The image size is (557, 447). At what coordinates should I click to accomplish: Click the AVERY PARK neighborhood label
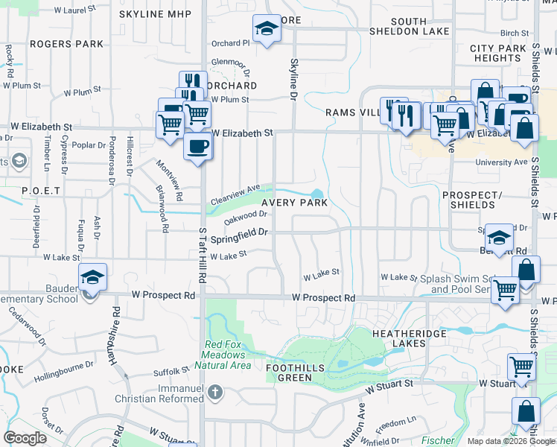click(294, 203)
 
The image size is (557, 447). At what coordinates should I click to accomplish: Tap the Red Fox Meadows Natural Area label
click(228, 355)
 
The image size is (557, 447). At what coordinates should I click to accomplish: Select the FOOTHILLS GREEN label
click(290, 372)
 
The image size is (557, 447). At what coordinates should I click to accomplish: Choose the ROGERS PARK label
click(67, 44)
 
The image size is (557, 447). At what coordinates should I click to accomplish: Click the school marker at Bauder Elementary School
click(93, 278)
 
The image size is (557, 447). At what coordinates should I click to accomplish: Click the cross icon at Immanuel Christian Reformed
click(214, 391)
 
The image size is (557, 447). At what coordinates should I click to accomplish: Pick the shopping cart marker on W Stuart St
click(521, 367)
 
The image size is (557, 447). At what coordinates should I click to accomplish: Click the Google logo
click(25, 438)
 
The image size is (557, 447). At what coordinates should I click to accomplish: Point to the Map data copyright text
click(511, 441)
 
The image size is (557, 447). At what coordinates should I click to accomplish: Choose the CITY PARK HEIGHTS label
click(498, 53)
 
